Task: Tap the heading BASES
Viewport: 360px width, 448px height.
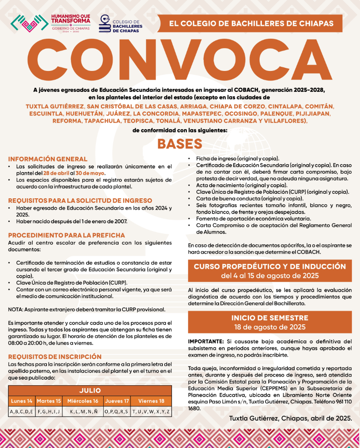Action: point(180,144)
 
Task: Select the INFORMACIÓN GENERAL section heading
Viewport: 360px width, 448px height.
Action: point(48,159)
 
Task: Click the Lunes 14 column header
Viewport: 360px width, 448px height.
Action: point(22,401)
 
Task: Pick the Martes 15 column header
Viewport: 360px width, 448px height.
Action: point(49,401)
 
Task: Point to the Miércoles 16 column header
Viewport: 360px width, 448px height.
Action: point(82,401)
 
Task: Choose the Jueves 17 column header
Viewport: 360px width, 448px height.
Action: point(117,401)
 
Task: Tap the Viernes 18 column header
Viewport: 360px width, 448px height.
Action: point(151,401)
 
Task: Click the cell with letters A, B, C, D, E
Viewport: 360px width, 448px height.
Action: point(22,412)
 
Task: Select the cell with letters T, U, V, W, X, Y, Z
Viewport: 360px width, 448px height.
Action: point(151,412)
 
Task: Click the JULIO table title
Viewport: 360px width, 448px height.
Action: point(90,391)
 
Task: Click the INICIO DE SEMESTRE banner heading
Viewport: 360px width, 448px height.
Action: point(270,318)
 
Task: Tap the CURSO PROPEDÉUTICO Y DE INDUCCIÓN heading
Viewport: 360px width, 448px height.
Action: point(270,267)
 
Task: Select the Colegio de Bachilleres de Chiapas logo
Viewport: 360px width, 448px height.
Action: point(120,23)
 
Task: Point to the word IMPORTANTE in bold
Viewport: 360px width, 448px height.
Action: point(205,341)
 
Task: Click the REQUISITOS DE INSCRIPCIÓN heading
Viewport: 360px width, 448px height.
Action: point(55,357)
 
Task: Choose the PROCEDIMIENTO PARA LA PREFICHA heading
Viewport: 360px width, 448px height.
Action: point(66,235)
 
